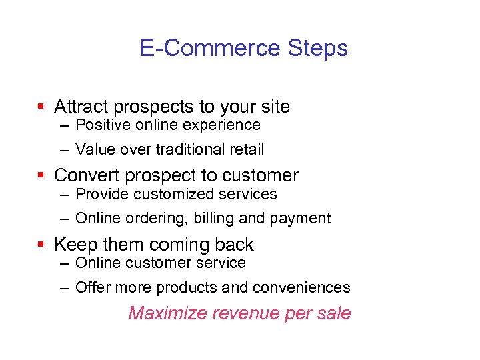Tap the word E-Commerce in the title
pos(211,49)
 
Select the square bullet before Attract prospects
pos(41,106)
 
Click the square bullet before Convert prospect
pos(41,175)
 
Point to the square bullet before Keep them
pos(41,245)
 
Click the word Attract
pos(81,107)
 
